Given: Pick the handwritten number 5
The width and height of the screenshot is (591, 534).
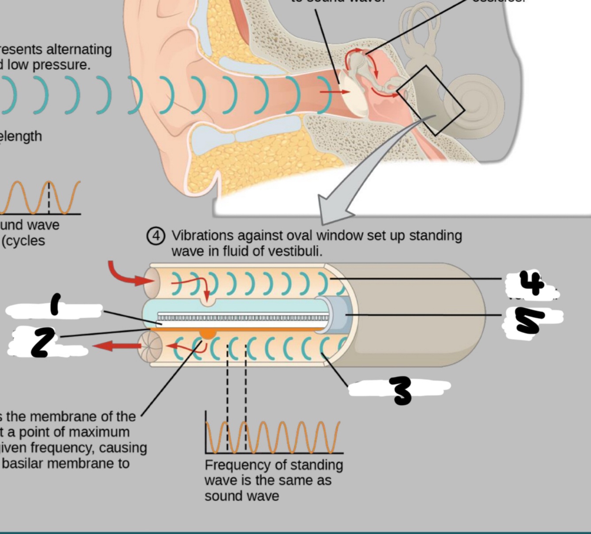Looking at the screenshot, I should point(530,320).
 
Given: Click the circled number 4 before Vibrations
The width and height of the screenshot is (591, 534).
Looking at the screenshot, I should point(156,236).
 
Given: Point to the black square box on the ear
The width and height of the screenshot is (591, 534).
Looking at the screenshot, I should point(430,100).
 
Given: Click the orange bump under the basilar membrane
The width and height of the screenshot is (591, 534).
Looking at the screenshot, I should point(207,333).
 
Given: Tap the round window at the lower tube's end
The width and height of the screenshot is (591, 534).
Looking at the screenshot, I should point(149,347).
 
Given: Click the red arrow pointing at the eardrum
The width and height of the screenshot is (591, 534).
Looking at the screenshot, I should point(334,92).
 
